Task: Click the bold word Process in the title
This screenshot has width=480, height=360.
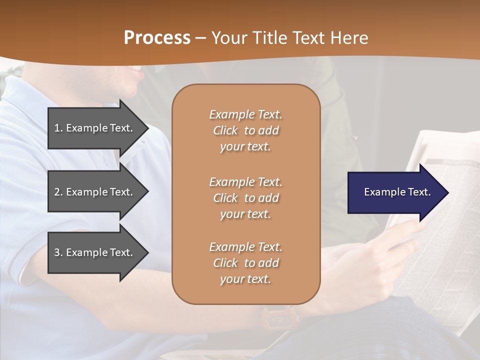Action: [157, 38]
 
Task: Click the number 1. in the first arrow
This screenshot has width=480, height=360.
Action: [58, 128]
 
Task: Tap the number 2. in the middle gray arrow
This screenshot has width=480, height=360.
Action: [58, 192]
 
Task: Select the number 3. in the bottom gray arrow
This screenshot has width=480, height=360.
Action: [58, 252]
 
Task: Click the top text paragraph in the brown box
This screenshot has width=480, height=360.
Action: [245, 130]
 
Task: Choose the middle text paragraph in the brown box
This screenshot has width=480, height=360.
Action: [245, 198]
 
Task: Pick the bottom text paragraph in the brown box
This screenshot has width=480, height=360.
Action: [245, 263]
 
